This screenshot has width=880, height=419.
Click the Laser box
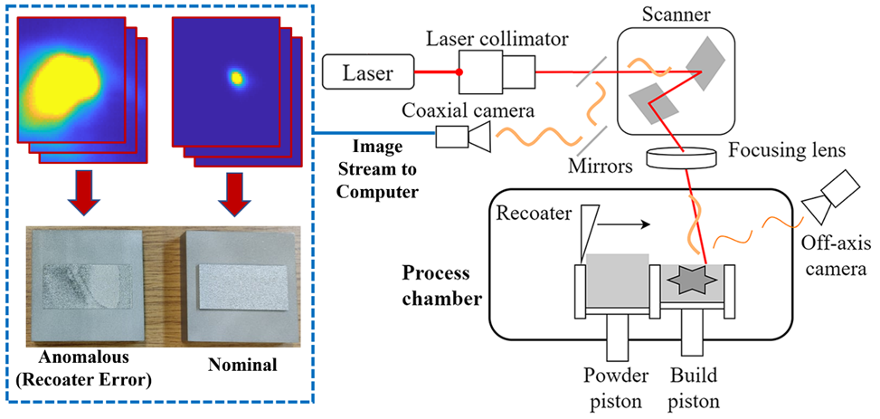click(366, 71)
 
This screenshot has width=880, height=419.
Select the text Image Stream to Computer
click(374, 167)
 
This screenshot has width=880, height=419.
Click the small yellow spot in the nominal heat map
click(237, 78)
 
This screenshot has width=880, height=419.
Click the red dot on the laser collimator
click(460, 71)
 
